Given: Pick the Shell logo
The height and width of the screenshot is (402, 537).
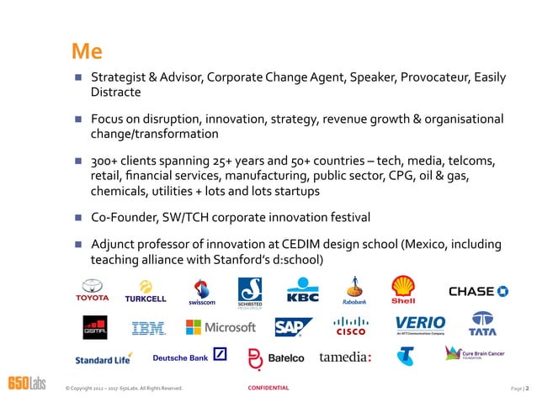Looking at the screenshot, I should (405, 290).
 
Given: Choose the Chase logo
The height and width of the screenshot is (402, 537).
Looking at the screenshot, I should (478, 291).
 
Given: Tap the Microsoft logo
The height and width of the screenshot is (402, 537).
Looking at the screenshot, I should (221, 327).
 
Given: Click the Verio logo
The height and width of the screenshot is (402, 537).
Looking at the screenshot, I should (420, 325).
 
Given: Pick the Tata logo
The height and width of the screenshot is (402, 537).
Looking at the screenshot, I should (482, 326).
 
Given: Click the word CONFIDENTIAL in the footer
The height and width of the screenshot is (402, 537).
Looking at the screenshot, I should (268, 388).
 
